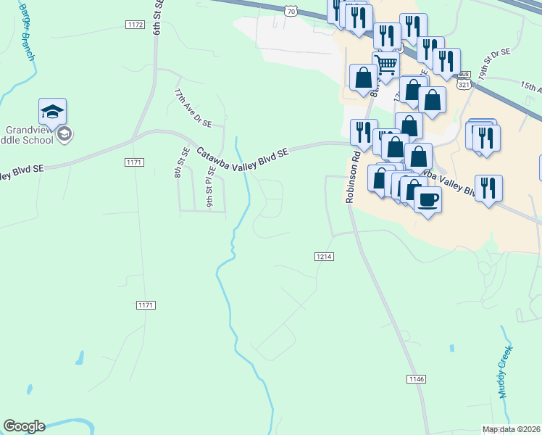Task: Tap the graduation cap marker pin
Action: pyautogui.click(x=52, y=112)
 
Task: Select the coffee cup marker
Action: pyautogui.click(x=428, y=200)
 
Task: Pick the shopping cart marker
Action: pyautogui.click(x=386, y=65)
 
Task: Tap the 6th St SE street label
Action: pyautogui.click(x=157, y=17)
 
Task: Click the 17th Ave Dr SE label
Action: pyautogui.click(x=192, y=107)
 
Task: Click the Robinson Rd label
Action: pyautogui.click(x=352, y=176)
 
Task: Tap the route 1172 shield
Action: pyautogui.click(x=135, y=25)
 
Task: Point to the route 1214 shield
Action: pyautogui.click(x=324, y=257)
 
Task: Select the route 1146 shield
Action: pyautogui.click(x=416, y=379)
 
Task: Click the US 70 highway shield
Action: pyautogui.click(x=291, y=11)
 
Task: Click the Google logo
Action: pyautogui.click(x=24, y=426)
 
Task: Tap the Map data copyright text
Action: pyautogui.click(x=512, y=429)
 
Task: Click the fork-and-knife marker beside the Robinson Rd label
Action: pyautogui.click(x=363, y=132)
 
